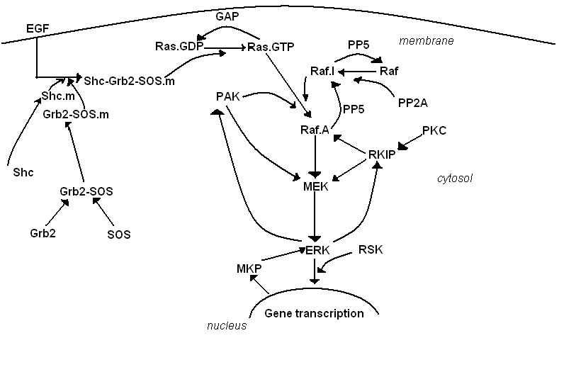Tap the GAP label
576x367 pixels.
pos(227,15)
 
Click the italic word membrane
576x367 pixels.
pos(426,40)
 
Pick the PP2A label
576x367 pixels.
pos(412,103)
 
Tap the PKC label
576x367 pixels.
pos(435,130)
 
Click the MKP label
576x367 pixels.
pos(249,269)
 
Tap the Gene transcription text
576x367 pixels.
pos(314,313)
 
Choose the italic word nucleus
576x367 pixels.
pos(227,326)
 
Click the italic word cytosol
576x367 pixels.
pos(454,179)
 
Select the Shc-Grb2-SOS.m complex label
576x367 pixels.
pos(129,80)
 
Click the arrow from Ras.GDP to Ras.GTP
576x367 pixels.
pos(222,48)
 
